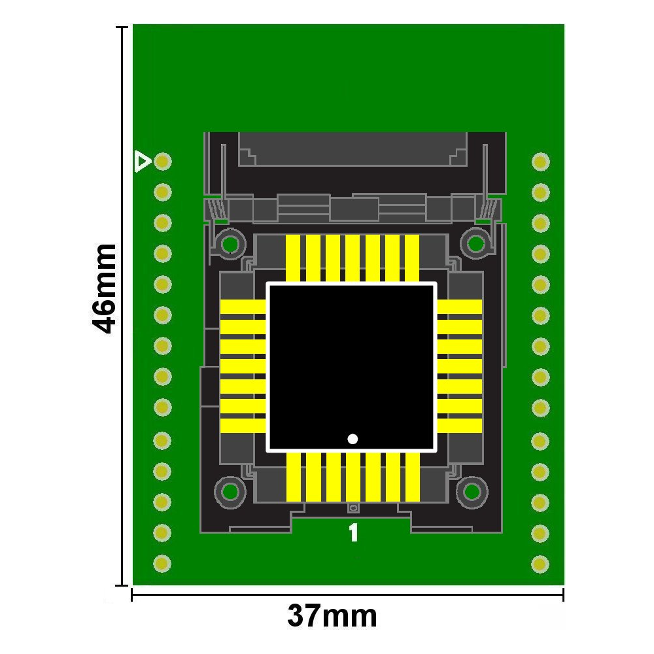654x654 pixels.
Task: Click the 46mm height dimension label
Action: pyautogui.click(x=103, y=289)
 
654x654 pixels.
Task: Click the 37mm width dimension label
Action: pyautogui.click(x=332, y=616)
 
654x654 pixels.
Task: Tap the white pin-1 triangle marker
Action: pyautogui.click(x=142, y=162)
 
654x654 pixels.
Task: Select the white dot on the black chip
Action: pyautogui.click(x=353, y=439)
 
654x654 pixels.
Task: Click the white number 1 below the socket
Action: pyautogui.click(x=353, y=532)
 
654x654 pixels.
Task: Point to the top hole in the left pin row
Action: pyautogui.click(x=163, y=161)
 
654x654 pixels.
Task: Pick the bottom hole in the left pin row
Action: pyautogui.click(x=162, y=564)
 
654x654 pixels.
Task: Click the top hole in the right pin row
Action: pyautogui.click(x=541, y=162)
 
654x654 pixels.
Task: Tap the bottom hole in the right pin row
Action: pyautogui.click(x=540, y=564)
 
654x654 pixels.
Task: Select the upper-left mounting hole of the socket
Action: pyautogui.click(x=230, y=243)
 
